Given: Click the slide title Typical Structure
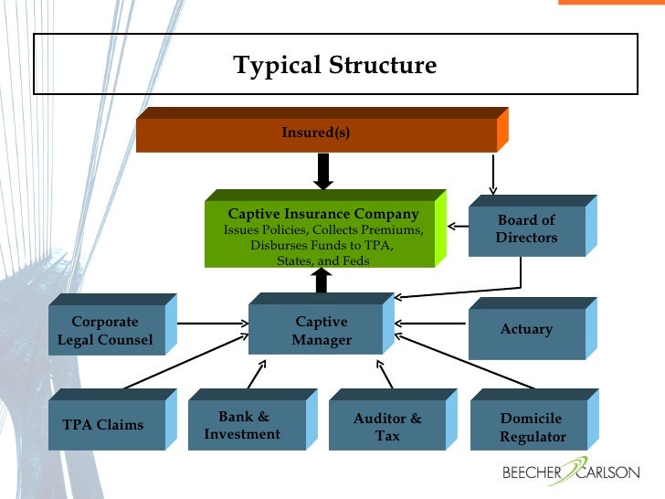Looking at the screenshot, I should [x=335, y=66].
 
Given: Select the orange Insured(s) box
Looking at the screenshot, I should [x=316, y=133].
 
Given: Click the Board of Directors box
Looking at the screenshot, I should [x=526, y=229].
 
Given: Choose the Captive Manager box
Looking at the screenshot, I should [x=321, y=332].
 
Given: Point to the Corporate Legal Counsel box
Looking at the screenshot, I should [x=105, y=332].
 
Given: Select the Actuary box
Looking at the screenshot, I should [x=526, y=329].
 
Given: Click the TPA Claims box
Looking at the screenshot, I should [x=103, y=425].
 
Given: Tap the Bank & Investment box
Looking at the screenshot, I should [x=242, y=426].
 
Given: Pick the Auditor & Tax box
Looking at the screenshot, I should [x=387, y=427].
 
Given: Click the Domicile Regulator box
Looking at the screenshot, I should [x=532, y=428].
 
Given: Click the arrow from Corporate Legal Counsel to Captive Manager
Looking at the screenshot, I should [x=213, y=323].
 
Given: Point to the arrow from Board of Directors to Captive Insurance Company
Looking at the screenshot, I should [x=457, y=223].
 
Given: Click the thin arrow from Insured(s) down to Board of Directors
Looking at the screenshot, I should [x=493, y=174].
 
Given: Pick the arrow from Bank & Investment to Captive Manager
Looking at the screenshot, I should [x=255, y=373].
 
